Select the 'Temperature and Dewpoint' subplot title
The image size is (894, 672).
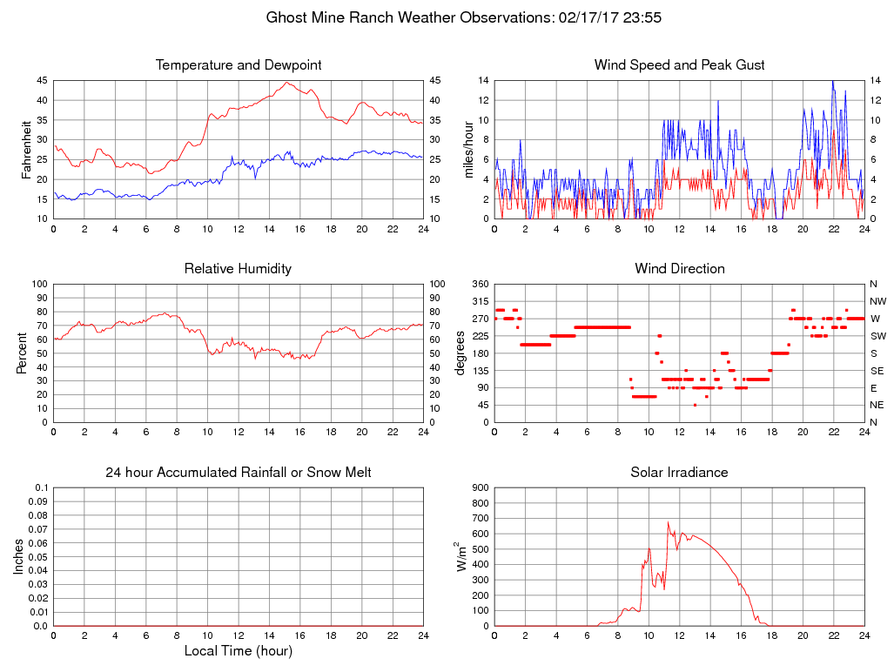[239, 65]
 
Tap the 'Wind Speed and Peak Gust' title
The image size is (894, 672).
[680, 65]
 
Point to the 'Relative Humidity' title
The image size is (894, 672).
[239, 269]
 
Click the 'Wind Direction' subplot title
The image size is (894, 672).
[680, 269]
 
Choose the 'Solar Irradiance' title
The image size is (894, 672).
[680, 473]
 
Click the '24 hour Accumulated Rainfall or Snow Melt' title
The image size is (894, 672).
[239, 473]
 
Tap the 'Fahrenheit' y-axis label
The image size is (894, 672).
[27, 149]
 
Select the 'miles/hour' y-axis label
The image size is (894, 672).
[468, 149]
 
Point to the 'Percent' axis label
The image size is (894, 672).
[22, 353]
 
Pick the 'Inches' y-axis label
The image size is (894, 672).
[20, 556]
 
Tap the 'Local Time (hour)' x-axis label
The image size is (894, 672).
[239, 651]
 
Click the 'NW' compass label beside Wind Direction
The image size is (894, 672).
[877, 301]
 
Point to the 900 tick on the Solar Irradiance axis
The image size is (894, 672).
[479, 487]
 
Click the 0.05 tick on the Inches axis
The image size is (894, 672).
[37, 557]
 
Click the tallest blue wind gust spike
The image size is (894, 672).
[833, 81]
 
